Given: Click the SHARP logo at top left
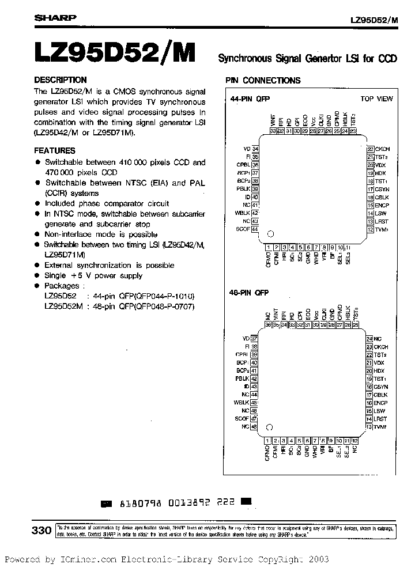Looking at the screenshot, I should point(55,18).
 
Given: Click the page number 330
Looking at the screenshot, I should point(42,531).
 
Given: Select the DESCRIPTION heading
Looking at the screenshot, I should point(61,80).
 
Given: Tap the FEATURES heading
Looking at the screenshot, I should point(57,150).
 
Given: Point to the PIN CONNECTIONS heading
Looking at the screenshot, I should point(263,81).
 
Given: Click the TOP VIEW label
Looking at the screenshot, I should point(376,99).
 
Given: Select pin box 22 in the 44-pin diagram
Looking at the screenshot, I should point(371,149).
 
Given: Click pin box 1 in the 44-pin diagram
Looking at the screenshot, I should point(269,247).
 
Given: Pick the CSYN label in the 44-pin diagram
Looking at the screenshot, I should point(382,190).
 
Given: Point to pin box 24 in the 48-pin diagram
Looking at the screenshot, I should point(369,339).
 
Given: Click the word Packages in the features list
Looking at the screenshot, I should point(62,286).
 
